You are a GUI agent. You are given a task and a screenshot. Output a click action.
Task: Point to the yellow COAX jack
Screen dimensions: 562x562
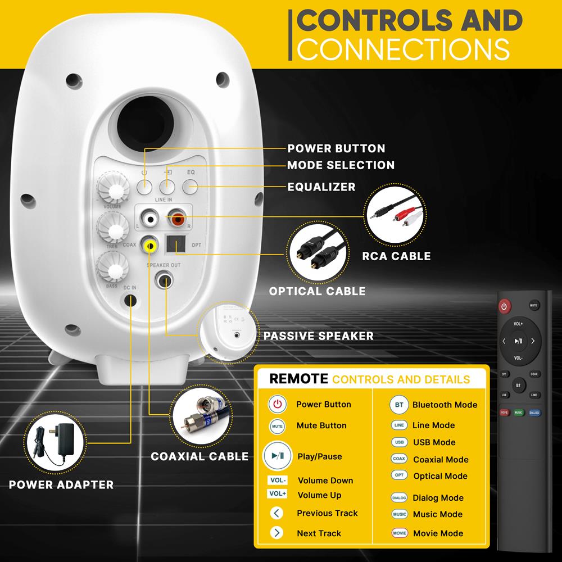point(149,245)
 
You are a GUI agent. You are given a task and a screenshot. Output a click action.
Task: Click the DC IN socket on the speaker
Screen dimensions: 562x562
point(130,301)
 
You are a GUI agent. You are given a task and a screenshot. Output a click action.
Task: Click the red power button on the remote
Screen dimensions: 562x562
point(505,307)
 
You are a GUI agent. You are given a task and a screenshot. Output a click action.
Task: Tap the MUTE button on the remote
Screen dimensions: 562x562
point(534,306)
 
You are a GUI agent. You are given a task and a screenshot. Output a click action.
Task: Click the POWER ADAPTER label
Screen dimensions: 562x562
point(61,484)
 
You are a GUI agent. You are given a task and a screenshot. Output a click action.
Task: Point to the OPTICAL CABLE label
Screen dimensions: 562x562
point(317,291)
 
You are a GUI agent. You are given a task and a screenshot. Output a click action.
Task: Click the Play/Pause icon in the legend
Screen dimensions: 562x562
point(278,456)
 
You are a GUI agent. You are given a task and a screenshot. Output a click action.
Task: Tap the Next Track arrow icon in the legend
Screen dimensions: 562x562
point(277,533)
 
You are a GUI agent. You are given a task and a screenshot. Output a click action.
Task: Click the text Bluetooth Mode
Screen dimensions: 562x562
point(445,405)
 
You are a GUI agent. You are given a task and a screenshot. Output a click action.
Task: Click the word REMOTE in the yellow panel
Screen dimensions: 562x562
point(298,379)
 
